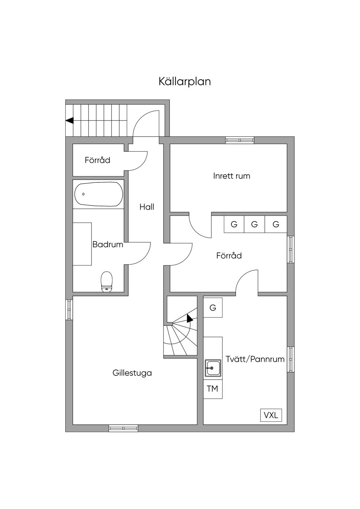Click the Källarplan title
[x=185, y=81]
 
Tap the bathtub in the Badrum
[x=99, y=194]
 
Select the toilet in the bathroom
[x=107, y=282]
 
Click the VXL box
[x=271, y=415]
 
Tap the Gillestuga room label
[x=132, y=373]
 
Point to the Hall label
[x=147, y=207]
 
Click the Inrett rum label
[x=232, y=176]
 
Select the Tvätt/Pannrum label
[x=255, y=359]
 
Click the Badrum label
[x=108, y=245]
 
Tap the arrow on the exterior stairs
[x=70, y=121]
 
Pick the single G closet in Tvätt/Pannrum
[x=213, y=308]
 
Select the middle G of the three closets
[x=254, y=224]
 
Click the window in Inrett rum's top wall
[x=240, y=140]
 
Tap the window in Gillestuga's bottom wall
[x=123, y=428]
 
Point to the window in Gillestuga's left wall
[x=69, y=309]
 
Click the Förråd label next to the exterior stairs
[x=97, y=160]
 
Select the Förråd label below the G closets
[x=229, y=256]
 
